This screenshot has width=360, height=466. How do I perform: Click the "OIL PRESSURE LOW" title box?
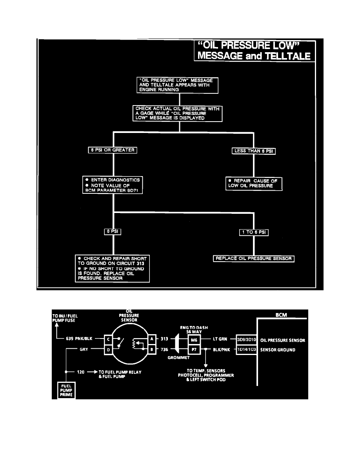tap(255, 51)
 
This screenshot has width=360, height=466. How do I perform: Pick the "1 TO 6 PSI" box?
tap(254, 232)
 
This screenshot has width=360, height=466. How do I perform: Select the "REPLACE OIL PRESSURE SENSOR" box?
tap(254, 258)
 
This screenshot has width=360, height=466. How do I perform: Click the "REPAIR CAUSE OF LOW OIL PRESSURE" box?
tap(254, 183)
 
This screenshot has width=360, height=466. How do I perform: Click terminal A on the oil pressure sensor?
tap(152, 338)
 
